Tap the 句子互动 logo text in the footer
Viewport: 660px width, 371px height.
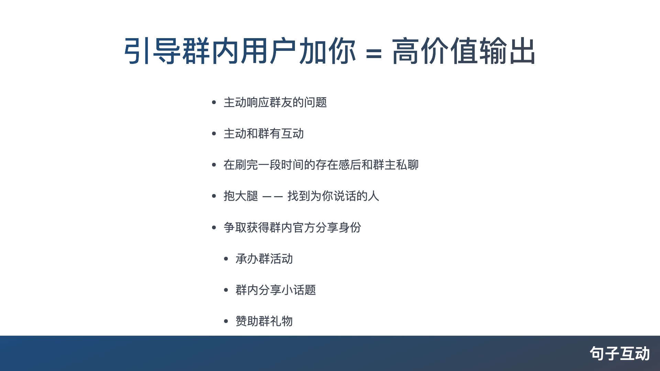coord(620,353)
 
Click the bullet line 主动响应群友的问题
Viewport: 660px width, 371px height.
coord(275,102)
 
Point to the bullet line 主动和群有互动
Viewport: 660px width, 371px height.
coord(264,134)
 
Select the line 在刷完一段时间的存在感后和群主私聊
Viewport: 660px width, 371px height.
coord(321,165)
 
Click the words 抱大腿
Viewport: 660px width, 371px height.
coord(241,196)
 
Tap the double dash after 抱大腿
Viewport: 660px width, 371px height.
coord(273,197)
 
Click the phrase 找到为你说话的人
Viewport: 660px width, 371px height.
coord(333,196)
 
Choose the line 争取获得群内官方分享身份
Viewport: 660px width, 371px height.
coord(292,227)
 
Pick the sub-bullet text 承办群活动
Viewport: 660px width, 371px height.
coord(264,259)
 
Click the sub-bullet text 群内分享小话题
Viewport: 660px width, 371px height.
coord(275,290)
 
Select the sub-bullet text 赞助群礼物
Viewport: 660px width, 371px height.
coord(264,321)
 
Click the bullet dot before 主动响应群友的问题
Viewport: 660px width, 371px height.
coord(214,102)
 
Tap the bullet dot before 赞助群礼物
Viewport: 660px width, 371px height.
coord(226,322)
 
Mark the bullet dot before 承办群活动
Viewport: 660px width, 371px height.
coord(226,259)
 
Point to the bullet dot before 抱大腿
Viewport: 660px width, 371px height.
coord(214,196)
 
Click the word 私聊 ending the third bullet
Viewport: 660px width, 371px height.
coord(407,165)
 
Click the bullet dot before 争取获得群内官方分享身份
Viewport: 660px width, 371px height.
coord(214,227)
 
